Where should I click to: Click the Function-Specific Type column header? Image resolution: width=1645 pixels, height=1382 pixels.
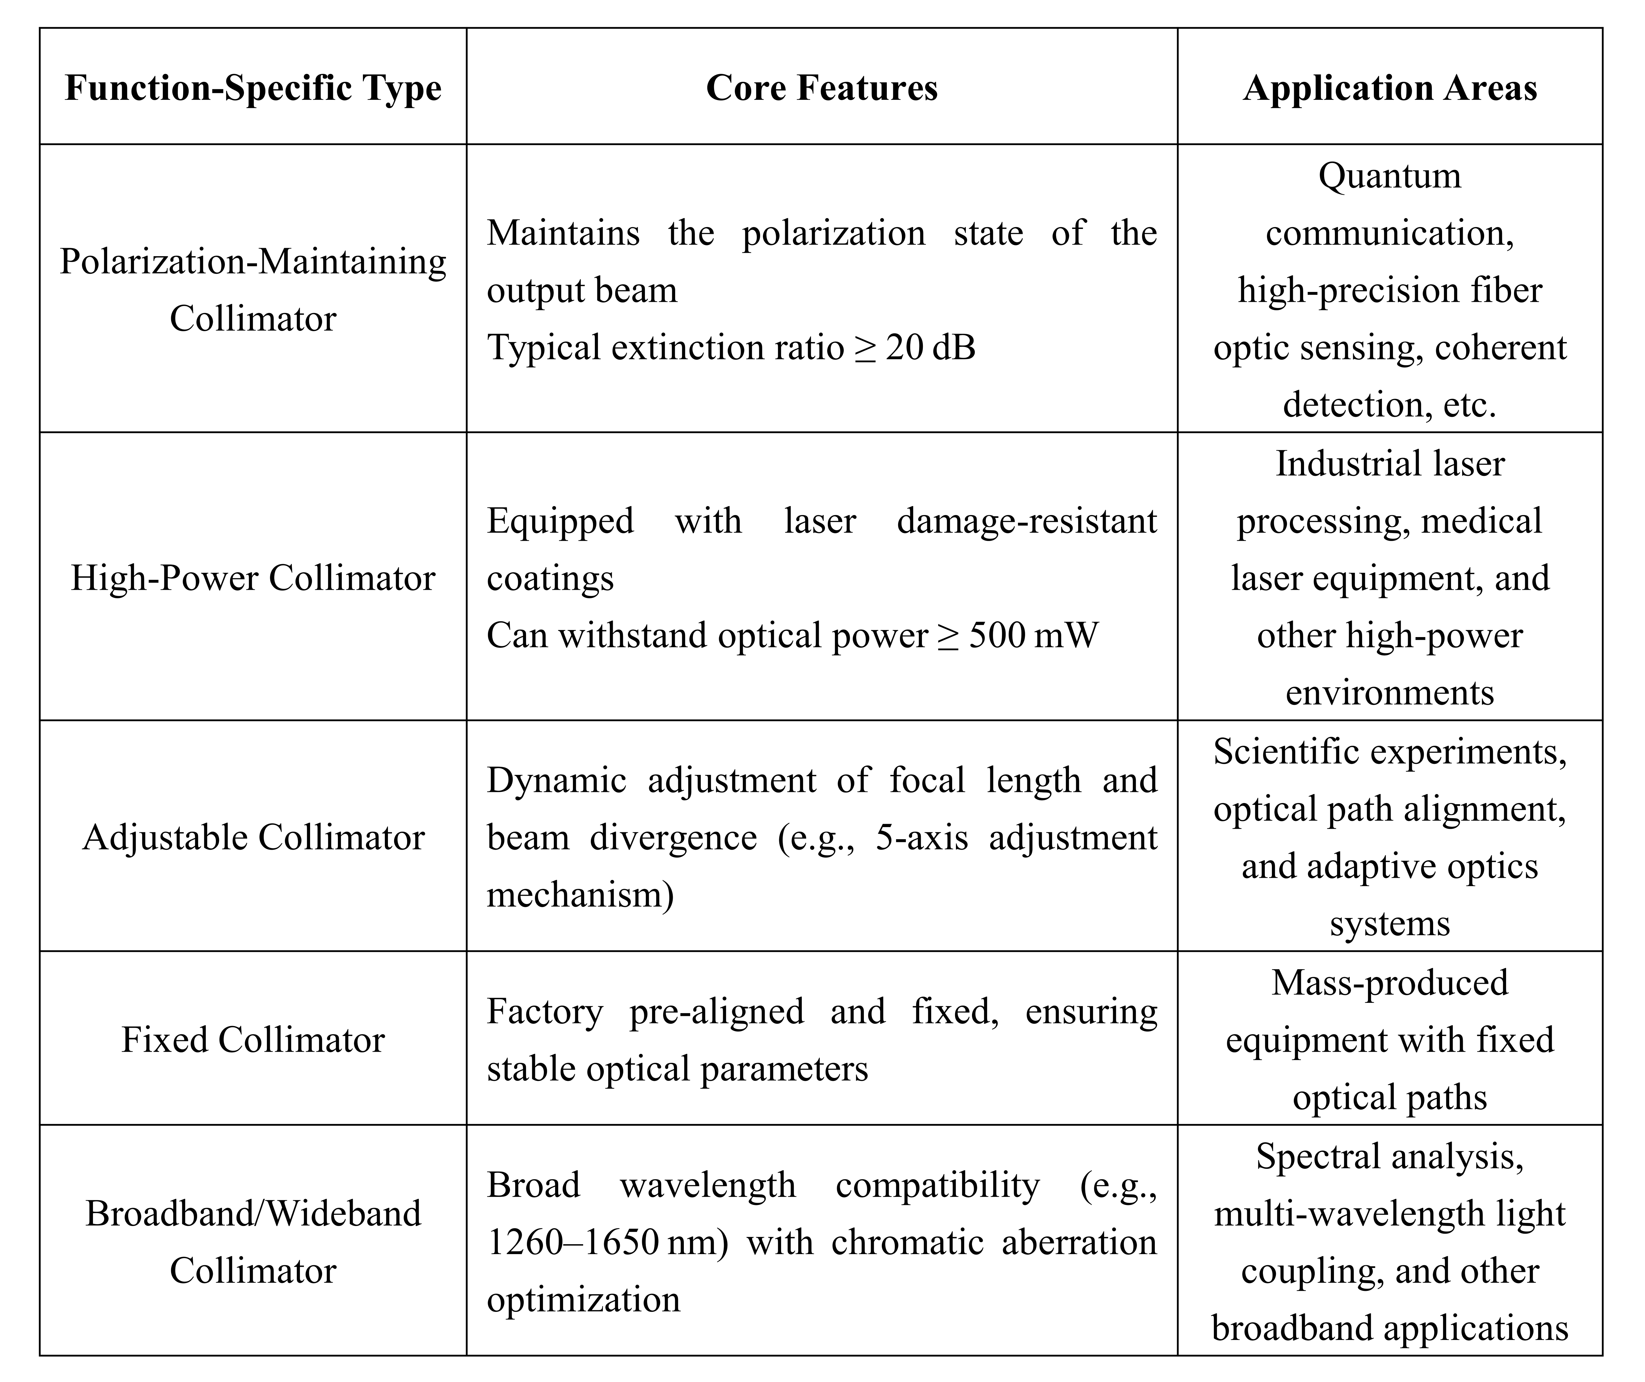(x=253, y=88)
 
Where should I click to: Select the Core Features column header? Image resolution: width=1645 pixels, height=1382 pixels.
(x=822, y=88)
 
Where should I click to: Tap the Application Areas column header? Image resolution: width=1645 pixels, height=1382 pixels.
(x=1390, y=88)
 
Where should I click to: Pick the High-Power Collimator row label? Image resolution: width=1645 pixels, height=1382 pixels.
(x=253, y=578)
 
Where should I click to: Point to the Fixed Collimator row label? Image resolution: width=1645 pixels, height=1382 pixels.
(x=253, y=1040)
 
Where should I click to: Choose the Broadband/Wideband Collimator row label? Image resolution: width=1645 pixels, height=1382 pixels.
(x=253, y=1242)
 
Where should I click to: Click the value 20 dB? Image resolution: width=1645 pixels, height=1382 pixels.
(x=931, y=347)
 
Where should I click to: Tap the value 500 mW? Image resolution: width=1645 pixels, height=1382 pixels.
(x=1034, y=635)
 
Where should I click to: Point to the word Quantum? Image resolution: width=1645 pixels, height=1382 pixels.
(x=1390, y=175)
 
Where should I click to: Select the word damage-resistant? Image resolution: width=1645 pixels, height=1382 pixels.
(x=1026, y=521)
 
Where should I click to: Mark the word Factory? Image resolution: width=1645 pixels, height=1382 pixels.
(x=545, y=1012)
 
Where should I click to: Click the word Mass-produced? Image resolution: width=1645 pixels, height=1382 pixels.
(x=1390, y=983)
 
